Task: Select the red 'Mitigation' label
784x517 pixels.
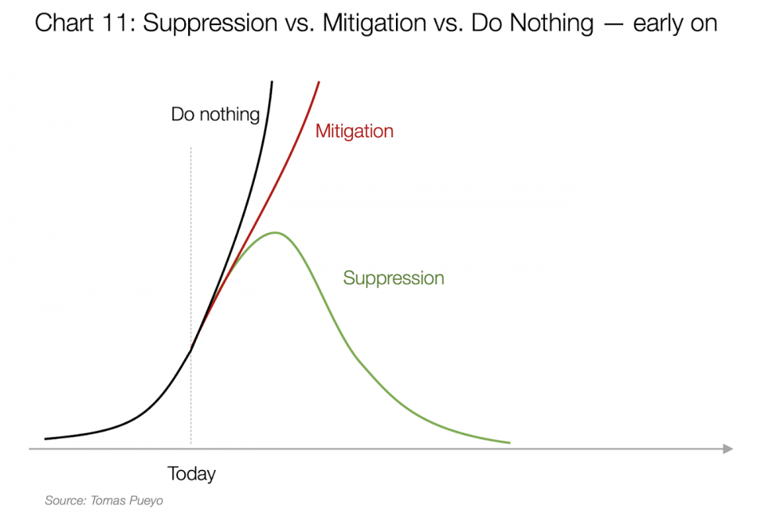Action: [354, 131]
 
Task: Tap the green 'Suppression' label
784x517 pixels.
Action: [394, 279]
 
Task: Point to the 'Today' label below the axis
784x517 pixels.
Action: [191, 473]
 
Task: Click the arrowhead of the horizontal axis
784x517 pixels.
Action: [728, 449]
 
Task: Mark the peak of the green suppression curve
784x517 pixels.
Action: [275, 233]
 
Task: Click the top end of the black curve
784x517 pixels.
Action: [272, 81]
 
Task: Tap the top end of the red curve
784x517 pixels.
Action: [318, 82]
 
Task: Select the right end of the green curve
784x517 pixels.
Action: [510, 442]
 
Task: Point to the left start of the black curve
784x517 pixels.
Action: [45, 439]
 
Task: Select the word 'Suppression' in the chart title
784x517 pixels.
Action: [210, 24]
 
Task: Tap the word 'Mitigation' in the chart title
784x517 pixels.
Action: [375, 24]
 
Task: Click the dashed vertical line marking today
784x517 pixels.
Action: [191, 295]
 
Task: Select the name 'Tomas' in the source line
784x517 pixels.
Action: [107, 501]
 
